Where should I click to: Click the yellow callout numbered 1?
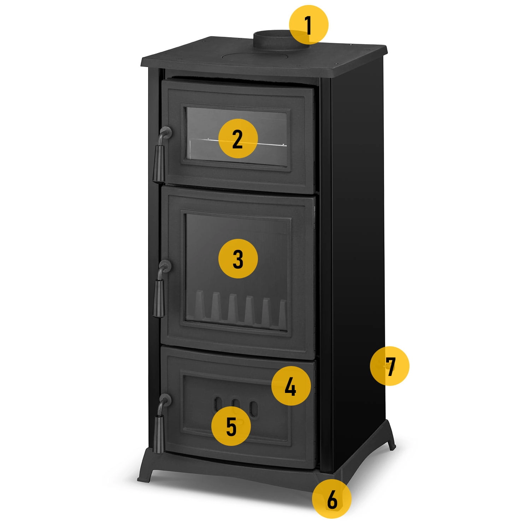pyautogui.click(x=309, y=25)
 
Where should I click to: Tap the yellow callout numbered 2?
pyautogui.click(x=238, y=139)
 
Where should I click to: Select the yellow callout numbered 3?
pyautogui.click(x=238, y=259)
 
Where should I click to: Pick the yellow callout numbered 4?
pyautogui.click(x=291, y=386)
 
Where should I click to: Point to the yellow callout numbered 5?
pyautogui.click(x=231, y=426)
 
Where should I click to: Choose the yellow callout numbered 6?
pyautogui.click(x=332, y=499)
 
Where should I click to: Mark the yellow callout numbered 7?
pyautogui.click(x=390, y=366)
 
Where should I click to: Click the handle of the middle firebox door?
pyautogui.click(x=161, y=288)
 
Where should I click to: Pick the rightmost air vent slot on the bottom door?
pyautogui.click(x=253, y=408)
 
